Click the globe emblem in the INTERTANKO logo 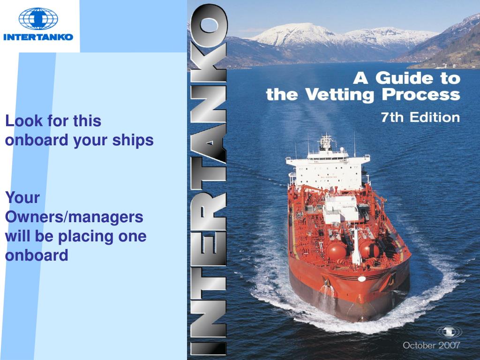[x=38, y=19]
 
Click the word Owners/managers [x=74, y=217]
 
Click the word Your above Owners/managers [x=22, y=197]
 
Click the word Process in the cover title [x=421, y=95]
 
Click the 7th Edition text [x=420, y=117]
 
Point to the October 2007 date [x=431, y=345]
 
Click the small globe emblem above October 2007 [x=449, y=332]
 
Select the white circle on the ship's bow [x=361, y=278]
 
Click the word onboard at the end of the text [x=37, y=255]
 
